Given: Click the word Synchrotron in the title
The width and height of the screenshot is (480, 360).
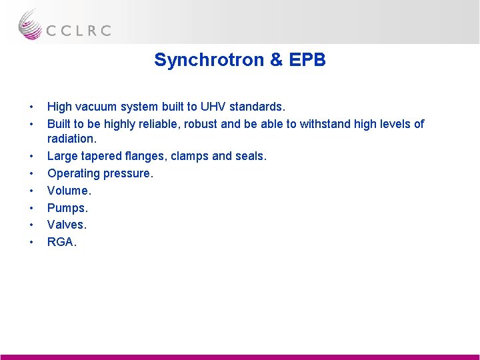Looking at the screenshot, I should pos(209,60).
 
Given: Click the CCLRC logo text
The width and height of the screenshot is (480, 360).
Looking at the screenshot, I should pos(78,30).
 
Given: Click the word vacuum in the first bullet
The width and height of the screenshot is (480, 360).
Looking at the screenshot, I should pos(96,107).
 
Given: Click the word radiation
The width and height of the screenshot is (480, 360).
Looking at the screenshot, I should pos(71,139).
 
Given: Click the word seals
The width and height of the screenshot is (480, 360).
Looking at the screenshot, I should pos(250,156).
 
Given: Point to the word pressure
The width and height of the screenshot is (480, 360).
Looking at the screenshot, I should pos(129,173).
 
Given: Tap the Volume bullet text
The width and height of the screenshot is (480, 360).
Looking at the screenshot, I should pos(69,191).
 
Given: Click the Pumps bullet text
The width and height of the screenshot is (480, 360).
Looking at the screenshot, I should pos(67,208).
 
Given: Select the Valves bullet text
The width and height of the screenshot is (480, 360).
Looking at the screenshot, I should pos(67,225).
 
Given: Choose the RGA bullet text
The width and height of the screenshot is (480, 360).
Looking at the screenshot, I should pos(62,243).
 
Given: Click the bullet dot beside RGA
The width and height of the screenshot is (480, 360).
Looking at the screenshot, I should pos(31,243).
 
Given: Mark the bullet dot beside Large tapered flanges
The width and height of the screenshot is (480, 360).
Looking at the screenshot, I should pos(31,156).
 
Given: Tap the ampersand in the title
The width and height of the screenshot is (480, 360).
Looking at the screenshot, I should pos(276,60).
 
